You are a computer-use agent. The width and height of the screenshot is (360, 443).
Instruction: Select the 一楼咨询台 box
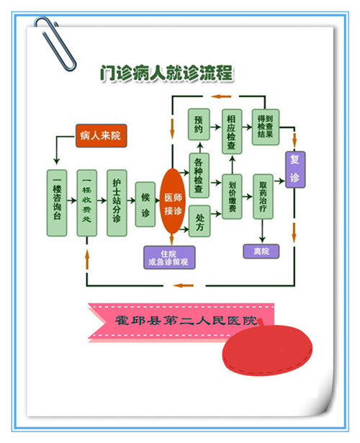58,203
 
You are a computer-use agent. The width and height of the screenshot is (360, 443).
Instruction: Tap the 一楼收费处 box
86,203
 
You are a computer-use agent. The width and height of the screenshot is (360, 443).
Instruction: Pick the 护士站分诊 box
117,203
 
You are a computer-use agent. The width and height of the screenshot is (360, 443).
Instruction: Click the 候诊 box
145,203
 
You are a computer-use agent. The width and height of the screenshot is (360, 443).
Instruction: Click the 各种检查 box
199,175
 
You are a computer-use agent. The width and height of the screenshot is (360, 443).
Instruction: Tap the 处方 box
199,223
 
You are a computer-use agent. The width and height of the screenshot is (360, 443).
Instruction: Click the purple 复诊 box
294,169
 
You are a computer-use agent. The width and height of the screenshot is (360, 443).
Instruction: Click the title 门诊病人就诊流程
167,73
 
